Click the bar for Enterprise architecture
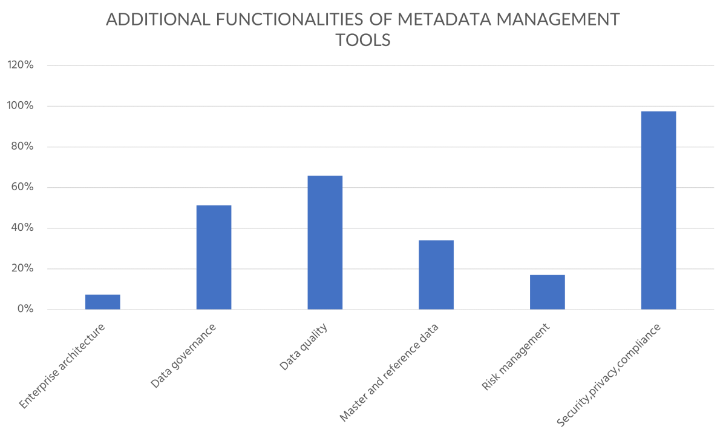pos(102,302)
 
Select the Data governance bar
pos(214,257)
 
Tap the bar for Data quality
pos(325,242)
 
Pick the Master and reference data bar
pos(436,274)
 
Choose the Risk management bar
pos(547,292)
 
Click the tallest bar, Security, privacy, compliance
pos(658,210)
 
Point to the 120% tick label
pos(20,65)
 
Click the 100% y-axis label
pos(20,106)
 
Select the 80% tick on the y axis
pos(21,147)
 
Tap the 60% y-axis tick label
pos(21,187)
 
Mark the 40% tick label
pos(21,228)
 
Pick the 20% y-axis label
pos(21,269)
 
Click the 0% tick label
pos(24,310)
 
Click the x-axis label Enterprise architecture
pos(62,366)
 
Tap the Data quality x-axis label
pos(303,347)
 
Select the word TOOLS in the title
pos(363,41)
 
